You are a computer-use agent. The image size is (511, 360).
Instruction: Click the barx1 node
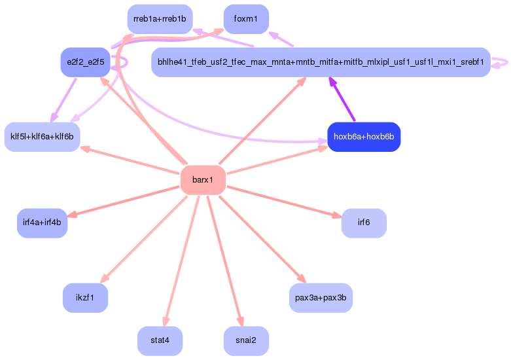(x=203, y=180)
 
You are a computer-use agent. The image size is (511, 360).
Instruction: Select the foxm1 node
(x=246, y=19)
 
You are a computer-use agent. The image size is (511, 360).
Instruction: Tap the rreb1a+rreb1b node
(x=160, y=19)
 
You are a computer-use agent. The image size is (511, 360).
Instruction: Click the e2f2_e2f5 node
(x=85, y=62)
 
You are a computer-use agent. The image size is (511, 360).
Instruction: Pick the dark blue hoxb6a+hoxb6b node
(x=364, y=137)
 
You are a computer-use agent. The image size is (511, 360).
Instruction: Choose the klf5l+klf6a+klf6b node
(x=42, y=137)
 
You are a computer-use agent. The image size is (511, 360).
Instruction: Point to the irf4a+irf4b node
(x=42, y=223)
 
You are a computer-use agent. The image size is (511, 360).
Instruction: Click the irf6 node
(x=364, y=223)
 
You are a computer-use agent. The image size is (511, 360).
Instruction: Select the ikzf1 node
(x=85, y=298)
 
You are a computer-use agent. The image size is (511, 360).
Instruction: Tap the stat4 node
(x=160, y=341)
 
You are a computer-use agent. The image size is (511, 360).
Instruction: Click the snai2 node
(x=246, y=341)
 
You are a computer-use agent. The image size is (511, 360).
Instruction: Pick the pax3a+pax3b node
(x=321, y=298)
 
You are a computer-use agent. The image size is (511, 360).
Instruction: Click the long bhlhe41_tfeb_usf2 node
(x=321, y=62)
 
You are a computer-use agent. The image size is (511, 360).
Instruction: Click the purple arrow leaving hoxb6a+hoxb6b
(x=342, y=99)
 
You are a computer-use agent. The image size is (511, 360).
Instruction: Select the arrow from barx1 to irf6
(x=284, y=202)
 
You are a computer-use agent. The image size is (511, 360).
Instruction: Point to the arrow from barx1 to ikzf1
(x=144, y=239)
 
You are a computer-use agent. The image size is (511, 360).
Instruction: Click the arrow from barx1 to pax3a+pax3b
(x=262, y=239)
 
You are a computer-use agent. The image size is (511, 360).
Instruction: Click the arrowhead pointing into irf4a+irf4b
(x=72, y=214)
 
